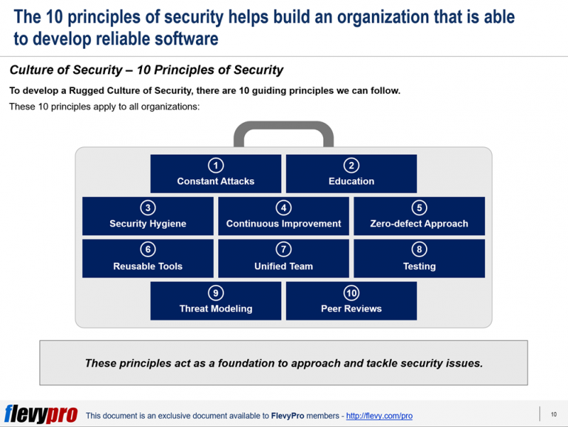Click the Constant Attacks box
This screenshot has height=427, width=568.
click(x=215, y=174)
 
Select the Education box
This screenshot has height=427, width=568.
click(x=351, y=174)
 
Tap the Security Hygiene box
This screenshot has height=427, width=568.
click(x=148, y=216)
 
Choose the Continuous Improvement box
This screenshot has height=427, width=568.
click(x=283, y=216)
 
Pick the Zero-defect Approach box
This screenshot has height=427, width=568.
click(x=419, y=216)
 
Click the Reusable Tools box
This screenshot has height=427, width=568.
click(x=148, y=258)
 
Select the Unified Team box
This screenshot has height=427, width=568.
click(x=283, y=258)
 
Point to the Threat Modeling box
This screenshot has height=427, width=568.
click(x=215, y=301)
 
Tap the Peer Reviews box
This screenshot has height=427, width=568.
click(x=351, y=301)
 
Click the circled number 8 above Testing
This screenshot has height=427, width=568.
click(x=419, y=250)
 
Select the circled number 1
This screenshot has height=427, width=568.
click(x=215, y=165)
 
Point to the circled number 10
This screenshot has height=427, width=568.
click(x=351, y=292)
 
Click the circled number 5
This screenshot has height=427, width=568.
click(x=419, y=208)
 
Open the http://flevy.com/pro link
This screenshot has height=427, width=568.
click(x=379, y=416)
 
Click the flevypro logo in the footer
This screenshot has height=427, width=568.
click(x=41, y=414)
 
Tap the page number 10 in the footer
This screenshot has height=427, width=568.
click(x=554, y=414)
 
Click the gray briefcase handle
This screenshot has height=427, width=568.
click(x=283, y=132)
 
